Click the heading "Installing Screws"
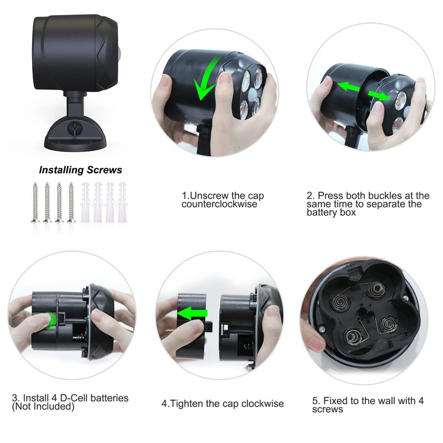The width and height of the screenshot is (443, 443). (x=80, y=170)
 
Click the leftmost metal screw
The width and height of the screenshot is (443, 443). (x=35, y=202)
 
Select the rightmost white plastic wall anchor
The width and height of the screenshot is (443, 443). (x=122, y=202)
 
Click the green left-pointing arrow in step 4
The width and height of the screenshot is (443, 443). (x=192, y=313)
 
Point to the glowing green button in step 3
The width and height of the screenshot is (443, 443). (x=51, y=321)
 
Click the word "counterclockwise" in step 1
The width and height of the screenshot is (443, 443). (x=219, y=204)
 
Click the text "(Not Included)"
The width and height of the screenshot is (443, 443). (x=43, y=406)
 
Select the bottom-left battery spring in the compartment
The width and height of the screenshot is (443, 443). (x=353, y=337)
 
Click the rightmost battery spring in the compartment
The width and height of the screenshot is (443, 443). (x=389, y=324)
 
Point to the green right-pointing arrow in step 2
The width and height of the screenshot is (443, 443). (x=379, y=95)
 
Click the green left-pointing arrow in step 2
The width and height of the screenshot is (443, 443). (x=348, y=86)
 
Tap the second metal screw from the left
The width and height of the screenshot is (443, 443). (x=47, y=202)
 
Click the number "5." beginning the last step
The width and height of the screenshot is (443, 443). (x=316, y=400)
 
